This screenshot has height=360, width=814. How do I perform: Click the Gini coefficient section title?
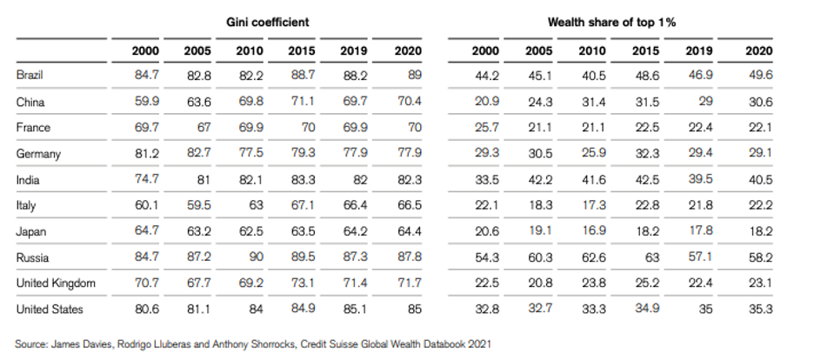pos(267,23)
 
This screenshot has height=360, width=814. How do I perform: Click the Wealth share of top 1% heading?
pos(611,23)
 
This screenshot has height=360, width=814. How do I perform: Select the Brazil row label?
pos(30,75)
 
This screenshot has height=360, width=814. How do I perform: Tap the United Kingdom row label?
pos(56,283)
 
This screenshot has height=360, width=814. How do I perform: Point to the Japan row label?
pos(31,232)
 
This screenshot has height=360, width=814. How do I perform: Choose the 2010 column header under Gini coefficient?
pos(250,50)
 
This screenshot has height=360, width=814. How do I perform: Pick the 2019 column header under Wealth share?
pos(699,50)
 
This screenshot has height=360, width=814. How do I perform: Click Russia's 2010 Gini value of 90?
pos(256,257)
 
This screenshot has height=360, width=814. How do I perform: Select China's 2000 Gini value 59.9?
pos(147,101)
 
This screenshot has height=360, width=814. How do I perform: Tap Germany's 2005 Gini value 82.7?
pos(198,154)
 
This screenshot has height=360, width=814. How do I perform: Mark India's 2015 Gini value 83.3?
pos(303,180)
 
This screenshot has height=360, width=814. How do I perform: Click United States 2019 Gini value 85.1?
pos(355,310)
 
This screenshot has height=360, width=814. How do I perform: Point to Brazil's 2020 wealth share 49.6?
pos(761,75)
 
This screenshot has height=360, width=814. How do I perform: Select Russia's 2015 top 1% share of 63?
pos(652,257)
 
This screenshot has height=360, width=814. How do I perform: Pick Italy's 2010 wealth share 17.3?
pos(593,205)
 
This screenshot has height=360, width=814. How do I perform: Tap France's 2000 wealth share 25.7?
pos(487,128)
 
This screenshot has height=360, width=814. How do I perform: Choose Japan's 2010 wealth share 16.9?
pos(593,231)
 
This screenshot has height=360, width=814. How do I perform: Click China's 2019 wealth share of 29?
pos(705,101)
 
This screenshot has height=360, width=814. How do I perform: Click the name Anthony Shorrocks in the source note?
pos(262,344)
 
